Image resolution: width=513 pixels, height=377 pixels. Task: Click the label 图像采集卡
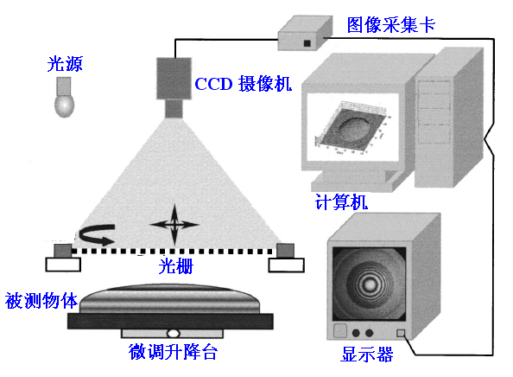pyautogui.click(x=391, y=25)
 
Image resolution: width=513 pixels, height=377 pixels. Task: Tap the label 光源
pyautogui.click(x=65, y=63)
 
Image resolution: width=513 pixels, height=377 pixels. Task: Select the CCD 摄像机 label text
pyautogui.click(x=243, y=84)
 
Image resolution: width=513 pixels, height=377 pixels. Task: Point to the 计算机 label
pyautogui.click(x=341, y=201)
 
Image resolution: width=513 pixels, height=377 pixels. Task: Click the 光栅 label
pyautogui.click(x=176, y=266)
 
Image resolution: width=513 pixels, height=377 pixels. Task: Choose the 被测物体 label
pyautogui.click(x=41, y=300)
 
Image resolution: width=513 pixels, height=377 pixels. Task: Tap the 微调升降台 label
pyautogui.click(x=173, y=352)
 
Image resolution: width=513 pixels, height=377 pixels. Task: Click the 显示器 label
pyautogui.click(x=367, y=354)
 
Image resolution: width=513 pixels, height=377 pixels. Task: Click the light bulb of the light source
pyautogui.click(x=64, y=105)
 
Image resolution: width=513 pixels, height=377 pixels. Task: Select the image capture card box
pyautogui.click(x=305, y=33)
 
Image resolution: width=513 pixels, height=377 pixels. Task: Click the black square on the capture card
pyautogui.click(x=307, y=43)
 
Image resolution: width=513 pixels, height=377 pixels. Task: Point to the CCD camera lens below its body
pyautogui.click(x=174, y=109)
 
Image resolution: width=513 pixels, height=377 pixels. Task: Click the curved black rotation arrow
pyautogui.click(x=97, y=234)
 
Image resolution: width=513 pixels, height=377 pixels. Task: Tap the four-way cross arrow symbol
pyautogui.click(x=174, y=225)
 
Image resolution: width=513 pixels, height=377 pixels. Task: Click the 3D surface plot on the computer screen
pyautogui.click(x=351, y=128)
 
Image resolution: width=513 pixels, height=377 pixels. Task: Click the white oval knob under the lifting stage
pyautogui.click(x=173, y=334)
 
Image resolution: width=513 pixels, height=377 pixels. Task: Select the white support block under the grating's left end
pyautogui.click(x=63, y=265)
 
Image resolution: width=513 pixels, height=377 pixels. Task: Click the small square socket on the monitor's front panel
pyautogui.click(x=401, y=333)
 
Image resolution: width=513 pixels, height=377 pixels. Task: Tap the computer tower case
pyautogui.click(x=449, y=118)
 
